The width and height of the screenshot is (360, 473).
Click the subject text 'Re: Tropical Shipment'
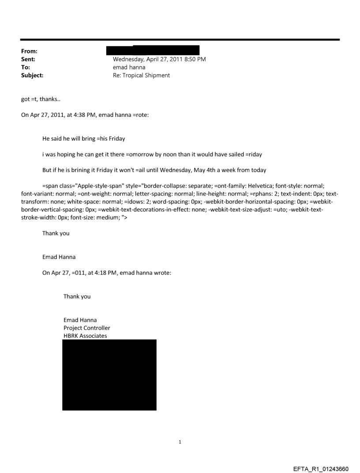141,75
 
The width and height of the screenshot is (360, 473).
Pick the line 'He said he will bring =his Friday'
83,139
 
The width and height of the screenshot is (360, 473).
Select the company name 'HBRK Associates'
85,335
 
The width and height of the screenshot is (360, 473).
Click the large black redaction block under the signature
109,375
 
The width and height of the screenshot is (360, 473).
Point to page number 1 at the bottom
180,442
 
